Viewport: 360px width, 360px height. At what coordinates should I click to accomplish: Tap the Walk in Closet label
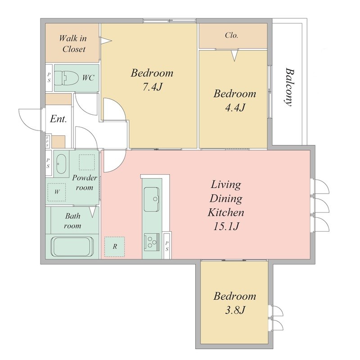(x=73, y=44)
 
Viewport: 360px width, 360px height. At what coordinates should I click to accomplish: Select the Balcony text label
(x=289, y=87)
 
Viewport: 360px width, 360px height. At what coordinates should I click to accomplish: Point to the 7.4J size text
(x=153, y=87)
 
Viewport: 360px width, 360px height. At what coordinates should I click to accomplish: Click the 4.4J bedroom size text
(x=235, y=108)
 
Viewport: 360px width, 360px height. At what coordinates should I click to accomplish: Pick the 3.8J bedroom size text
(x=234, y=310)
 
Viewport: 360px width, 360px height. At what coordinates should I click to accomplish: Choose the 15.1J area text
(x=226, y=226)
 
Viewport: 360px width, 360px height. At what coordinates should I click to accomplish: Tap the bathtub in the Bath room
(x=73, y=247)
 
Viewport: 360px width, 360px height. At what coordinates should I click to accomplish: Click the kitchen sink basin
(x=151, y=199)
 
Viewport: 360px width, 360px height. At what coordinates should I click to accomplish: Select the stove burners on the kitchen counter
(x=152, y=242)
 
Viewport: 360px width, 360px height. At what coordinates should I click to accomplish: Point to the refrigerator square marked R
(x=115, y=247)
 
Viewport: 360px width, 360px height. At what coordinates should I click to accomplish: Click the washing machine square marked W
(x=57, y=192)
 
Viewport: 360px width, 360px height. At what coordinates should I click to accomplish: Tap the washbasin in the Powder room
(x=61, y=164)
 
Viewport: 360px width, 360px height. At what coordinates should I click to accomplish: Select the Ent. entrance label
(x=58, y=119)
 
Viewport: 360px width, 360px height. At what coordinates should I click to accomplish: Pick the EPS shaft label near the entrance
(x=48, y=141)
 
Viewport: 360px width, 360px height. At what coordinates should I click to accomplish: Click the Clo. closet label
(x=231, y=36)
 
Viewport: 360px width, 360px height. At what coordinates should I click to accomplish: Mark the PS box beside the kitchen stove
(x=167, y=246)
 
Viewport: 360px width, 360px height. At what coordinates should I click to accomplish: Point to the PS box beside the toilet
(x=49, y=77)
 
